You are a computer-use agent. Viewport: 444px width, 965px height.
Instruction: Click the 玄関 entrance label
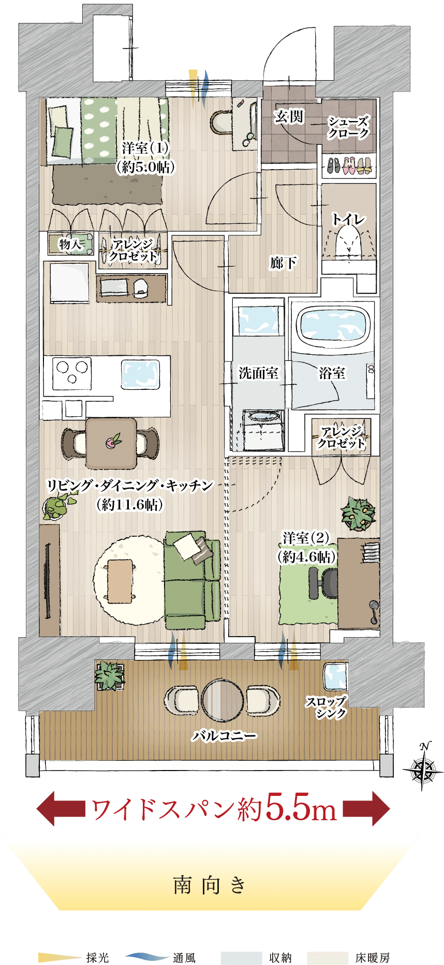pyautogui.click(x=289, y=117)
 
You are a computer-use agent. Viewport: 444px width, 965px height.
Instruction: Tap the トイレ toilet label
pyautogui.click(x=348, y=219)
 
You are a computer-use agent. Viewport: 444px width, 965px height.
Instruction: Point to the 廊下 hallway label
pyautogui.click(x=283, y=263)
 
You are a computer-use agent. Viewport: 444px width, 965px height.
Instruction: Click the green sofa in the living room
pyautogui.click(x=192, y=580)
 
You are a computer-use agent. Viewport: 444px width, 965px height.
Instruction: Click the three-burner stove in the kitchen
pyautogui.click(x=71, y=373)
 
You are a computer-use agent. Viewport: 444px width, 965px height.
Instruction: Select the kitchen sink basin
pyautogui.click(x=139, y=374)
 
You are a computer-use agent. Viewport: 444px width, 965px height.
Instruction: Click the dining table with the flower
pyautogui.click(x=111, y=443)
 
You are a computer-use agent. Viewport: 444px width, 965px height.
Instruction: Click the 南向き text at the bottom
pyautogui.click(x=210, y=885)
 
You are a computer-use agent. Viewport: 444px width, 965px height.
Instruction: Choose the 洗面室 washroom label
pyautogui.click(x=258, y=373)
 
